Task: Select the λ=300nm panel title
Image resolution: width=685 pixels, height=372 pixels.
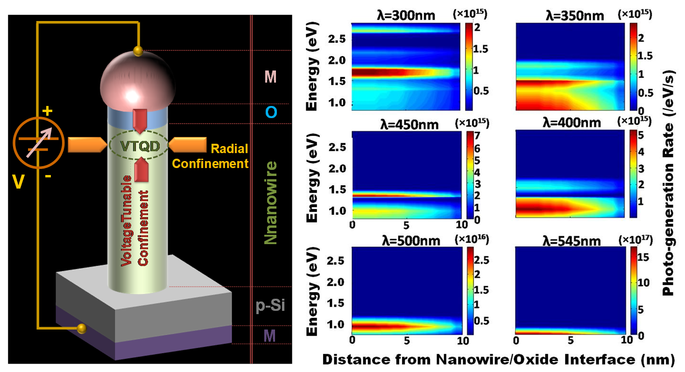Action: coord(405,16)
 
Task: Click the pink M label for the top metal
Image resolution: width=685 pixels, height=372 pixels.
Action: coord(270,77)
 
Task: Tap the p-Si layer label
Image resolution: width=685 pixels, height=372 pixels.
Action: coord(270,306)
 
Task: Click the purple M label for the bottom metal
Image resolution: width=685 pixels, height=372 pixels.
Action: coord(270,335)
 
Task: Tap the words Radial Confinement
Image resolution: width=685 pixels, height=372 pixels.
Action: coord(229,156)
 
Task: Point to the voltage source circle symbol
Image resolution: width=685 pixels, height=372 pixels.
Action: coord(37,145)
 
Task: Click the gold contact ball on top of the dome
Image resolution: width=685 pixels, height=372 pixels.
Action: coord(138,50)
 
